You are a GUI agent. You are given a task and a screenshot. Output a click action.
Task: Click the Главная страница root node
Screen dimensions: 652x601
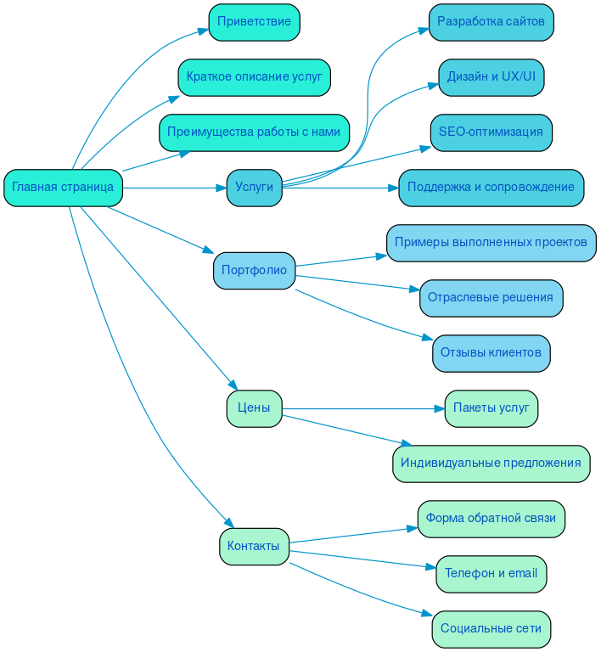pyautogui.click(x=63, y=188)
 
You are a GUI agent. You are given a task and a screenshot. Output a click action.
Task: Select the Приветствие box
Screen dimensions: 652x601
pyautogui.click(x=254, y=22)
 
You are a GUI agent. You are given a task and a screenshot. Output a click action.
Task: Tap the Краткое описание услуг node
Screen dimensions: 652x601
pyautogui.click(x=254, y=77)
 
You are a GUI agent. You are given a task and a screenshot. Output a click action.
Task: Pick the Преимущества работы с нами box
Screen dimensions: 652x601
pyautogui.click(x=254, y=132)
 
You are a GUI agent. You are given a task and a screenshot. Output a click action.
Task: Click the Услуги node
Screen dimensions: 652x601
pyautogui.click(x=254, y=188)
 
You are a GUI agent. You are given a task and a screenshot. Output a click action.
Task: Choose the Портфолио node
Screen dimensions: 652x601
pyautogui.click(x=254, y=270)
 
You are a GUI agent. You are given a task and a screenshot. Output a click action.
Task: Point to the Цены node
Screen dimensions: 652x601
pyautogui.click(x=254, y=408)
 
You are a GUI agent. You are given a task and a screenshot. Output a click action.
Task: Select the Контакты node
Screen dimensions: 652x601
pyautogui.click(x=254, y=546)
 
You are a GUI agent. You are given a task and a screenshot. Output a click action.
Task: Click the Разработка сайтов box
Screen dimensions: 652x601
pyautogui.click(x=491, y=22)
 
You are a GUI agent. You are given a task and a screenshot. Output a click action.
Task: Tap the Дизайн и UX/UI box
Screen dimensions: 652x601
pyautogui.click(x=491, y=77)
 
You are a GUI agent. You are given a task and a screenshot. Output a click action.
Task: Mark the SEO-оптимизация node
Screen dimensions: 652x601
pyautogui.click(x=491, y=132)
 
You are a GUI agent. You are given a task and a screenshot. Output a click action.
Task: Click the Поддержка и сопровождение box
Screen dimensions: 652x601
pyautogui.click(x=491, y=188)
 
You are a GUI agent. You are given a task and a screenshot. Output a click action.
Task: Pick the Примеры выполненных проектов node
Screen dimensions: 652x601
pyautogui.click(x=491, y=243)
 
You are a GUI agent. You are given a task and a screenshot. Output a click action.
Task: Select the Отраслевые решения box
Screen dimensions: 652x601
pyautogui.click(x=491, y=298)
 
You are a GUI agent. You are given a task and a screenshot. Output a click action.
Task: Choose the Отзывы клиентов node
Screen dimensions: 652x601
pyautogui.click(x=491, y=353)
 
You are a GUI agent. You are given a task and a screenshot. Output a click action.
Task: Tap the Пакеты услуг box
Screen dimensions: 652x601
pyautogui.click(x=491, y=408)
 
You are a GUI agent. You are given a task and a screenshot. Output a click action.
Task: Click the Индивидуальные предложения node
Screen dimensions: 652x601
pyautogui.click(x=491, y=464)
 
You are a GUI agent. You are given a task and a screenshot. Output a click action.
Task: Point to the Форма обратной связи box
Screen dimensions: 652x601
pyautogui.click(x=491, y=519)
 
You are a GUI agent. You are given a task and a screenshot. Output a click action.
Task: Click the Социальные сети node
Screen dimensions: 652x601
pyautogui.click(x=491, y=629)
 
